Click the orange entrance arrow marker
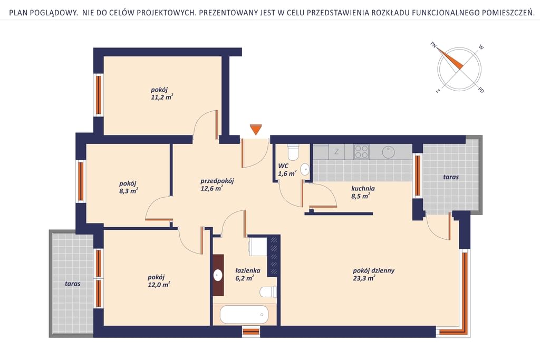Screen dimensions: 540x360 tap(256, 130)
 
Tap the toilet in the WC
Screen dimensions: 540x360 tap(293, 152)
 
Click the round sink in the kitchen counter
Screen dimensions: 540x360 tap(389, 152)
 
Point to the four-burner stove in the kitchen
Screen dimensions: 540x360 tap(361, 152)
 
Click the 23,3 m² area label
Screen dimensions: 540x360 tap(364, 278)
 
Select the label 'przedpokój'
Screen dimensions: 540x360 tap(217, 181)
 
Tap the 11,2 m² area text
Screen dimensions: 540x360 tap(161, 98)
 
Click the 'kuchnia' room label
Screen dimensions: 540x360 tap(363, 189)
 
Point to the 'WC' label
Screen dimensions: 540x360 tap(283, 166)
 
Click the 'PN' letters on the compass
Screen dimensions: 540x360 tap(433, 45)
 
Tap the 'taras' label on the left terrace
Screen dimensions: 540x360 tap(73, 284)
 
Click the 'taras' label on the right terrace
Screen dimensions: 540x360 tap(451, 177)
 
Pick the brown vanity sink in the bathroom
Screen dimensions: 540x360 tap(218, 275)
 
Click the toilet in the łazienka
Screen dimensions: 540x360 tap(268, 292)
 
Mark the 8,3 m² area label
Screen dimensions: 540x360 tap(129, 191)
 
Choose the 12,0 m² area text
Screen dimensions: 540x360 tap(159, 285)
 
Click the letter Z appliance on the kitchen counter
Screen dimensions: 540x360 tap(336, 151)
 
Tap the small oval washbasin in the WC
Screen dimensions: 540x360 tap(305, 169)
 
